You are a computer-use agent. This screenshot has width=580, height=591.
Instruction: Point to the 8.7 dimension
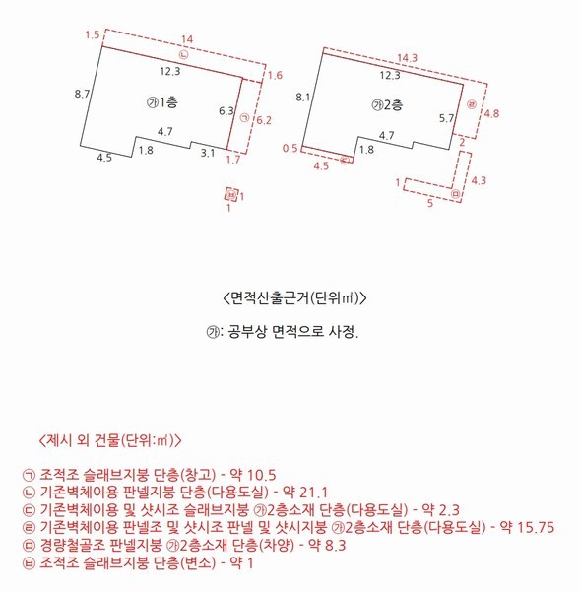tap(83, 94)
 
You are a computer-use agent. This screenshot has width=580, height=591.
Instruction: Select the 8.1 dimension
tap(303, 97)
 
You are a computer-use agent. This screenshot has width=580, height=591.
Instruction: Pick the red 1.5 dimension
tap(93, 35)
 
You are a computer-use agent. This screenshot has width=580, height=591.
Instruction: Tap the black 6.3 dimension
tap(226, 111)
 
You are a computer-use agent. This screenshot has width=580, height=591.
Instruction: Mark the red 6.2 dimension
tap(263, 120)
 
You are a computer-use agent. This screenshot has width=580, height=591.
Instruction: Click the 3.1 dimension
tap(208, 154)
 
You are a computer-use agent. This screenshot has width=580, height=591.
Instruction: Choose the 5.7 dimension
tap(446, 118)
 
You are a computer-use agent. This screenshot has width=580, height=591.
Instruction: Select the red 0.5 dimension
tap(290, 148)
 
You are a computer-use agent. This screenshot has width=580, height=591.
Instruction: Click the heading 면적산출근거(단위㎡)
tap(290, 296)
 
